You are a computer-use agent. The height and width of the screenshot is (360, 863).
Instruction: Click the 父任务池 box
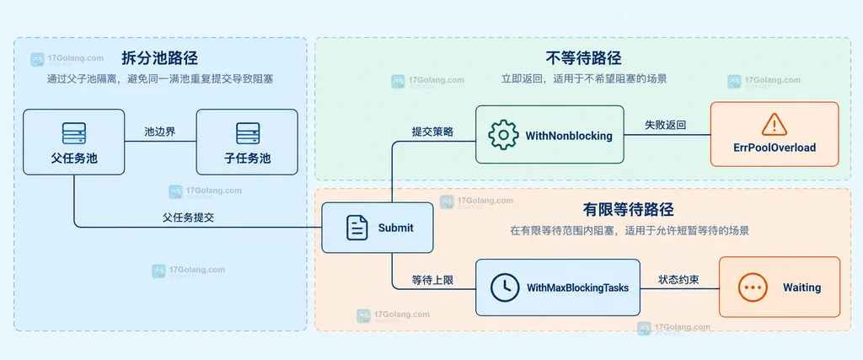pos(74,142)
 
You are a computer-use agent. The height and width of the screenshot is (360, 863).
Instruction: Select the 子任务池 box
pos(247,142)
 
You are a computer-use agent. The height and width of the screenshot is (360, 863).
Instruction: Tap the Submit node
pos(378,228)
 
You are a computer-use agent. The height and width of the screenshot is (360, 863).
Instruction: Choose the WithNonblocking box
pos(549,135)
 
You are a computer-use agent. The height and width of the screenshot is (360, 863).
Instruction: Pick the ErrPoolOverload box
pos(775,134)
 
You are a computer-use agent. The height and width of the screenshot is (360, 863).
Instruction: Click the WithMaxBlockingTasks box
pos(558,287)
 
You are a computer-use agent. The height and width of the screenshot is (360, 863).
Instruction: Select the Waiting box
pos(780,287)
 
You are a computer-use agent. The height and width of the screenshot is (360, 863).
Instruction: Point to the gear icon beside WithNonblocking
pos(503,135)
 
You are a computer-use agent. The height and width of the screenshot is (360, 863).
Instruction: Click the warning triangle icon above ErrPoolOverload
pos(775,125)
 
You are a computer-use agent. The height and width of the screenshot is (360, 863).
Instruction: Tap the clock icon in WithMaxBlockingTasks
pos(505,287)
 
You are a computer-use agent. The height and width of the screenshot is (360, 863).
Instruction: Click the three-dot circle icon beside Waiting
pos(753,287)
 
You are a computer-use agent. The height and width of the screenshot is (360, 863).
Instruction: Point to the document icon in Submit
pos(357,228)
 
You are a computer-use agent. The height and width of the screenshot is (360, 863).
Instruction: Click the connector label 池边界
pos(159,132)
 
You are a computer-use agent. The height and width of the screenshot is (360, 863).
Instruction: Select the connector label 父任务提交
pos(188,218)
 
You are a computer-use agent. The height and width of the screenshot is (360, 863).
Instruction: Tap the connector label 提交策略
pos(433,132)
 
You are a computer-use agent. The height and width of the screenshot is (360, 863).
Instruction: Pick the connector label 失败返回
pos(666,125)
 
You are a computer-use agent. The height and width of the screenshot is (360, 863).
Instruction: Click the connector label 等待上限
pos(433,280)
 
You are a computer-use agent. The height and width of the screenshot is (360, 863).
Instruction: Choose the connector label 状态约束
pos(679,280)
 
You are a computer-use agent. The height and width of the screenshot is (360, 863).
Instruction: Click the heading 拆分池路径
pos(160,58)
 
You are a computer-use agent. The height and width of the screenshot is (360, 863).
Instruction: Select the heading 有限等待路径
pos(629,210)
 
